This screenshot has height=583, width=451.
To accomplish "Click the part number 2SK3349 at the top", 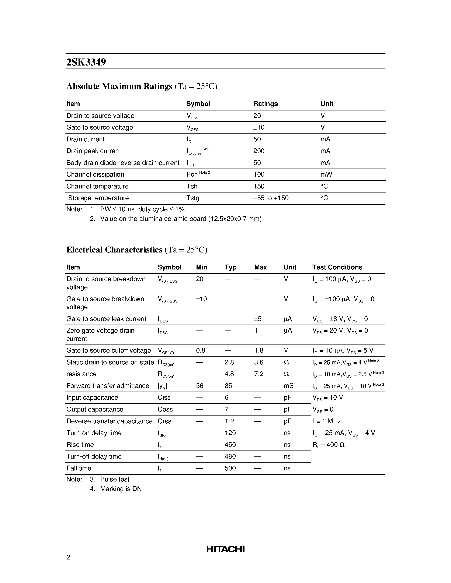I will point(86,62).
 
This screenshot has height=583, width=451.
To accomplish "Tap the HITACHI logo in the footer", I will point(225,549).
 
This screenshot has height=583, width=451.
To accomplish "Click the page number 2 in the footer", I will point(68,557).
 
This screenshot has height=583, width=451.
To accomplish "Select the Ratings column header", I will point(265,104).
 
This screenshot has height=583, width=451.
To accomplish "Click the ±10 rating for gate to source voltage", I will point(259,127).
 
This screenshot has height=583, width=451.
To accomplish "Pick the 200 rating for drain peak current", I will point(259,151).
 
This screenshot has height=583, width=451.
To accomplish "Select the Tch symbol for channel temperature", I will point(192,186).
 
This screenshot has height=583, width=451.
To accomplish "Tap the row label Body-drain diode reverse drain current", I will point(123,163).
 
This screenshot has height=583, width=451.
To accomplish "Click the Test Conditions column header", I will point(337,267).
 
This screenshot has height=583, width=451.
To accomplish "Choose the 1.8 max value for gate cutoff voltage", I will point(259,350).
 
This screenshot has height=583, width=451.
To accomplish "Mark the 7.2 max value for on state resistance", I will point(259,374).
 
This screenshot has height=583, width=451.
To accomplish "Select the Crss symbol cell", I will point(164,421).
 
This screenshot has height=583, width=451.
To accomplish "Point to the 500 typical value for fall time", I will point(230,468).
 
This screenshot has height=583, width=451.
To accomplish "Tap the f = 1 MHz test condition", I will point(326,421).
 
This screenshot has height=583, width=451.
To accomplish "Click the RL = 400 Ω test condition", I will point(328,445).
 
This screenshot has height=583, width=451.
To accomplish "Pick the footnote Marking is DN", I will point(121,489).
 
